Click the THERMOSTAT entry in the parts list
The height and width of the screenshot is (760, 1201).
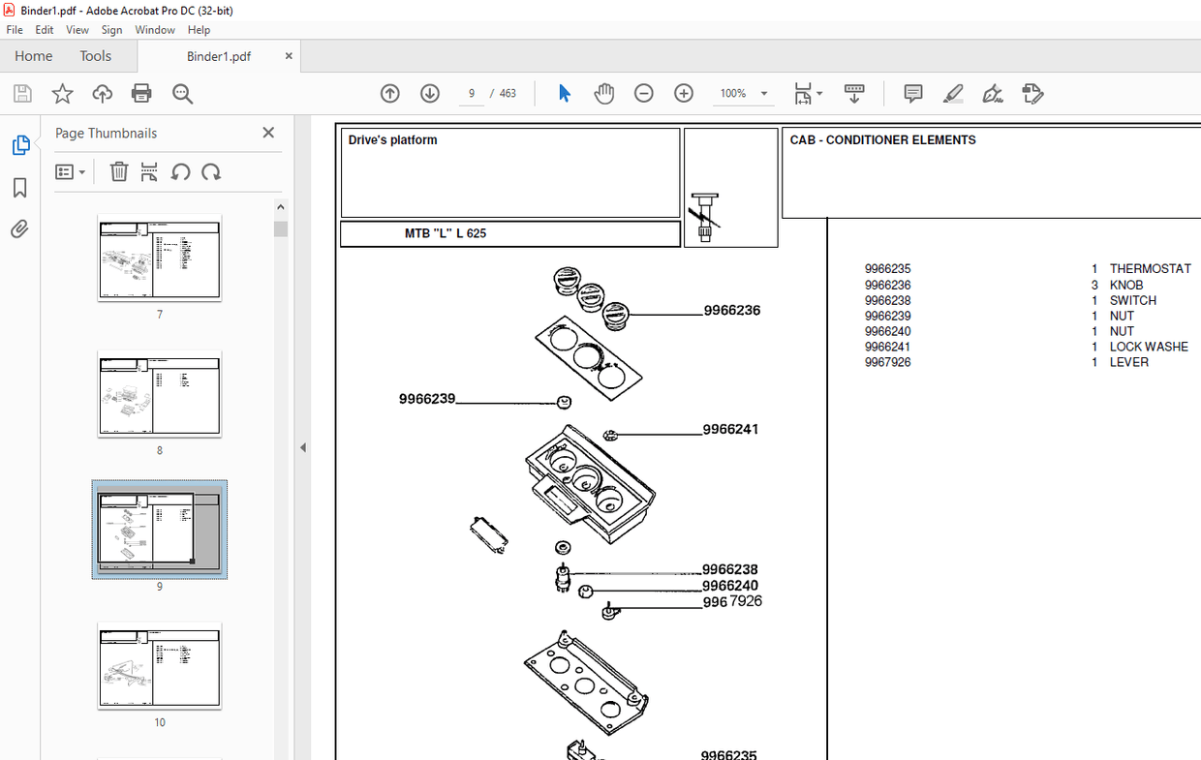pos(1150,269)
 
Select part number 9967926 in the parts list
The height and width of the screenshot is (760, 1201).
pos(887,362)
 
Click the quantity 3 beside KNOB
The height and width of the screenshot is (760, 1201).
pos(1094,285)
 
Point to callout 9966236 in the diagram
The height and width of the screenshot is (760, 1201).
pos(731,311)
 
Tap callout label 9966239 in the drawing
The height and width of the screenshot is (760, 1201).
pos(427,399)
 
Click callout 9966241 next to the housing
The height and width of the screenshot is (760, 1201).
pos(730,429)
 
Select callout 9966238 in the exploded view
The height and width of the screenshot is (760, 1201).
pos(730,570)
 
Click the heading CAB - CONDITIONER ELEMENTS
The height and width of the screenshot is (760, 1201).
pos(882,140)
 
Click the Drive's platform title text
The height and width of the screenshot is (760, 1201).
pos(392,140)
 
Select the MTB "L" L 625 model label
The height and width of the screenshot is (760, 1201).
pos(445,233)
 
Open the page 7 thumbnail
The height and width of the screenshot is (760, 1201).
pos(159,258)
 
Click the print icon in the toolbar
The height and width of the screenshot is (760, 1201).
pos(141,94)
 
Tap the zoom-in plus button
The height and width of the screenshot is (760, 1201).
pos(684,94)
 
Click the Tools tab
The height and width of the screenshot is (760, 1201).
pos(95,56)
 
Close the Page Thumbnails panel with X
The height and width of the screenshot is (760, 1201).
pos(268,133)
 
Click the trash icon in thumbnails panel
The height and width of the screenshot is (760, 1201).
pos(118,172)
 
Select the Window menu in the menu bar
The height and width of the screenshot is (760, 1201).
pos(155,30)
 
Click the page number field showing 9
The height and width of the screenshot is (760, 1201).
pos(472,94)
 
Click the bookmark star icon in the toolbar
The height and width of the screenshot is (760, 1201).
pos(62,94)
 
